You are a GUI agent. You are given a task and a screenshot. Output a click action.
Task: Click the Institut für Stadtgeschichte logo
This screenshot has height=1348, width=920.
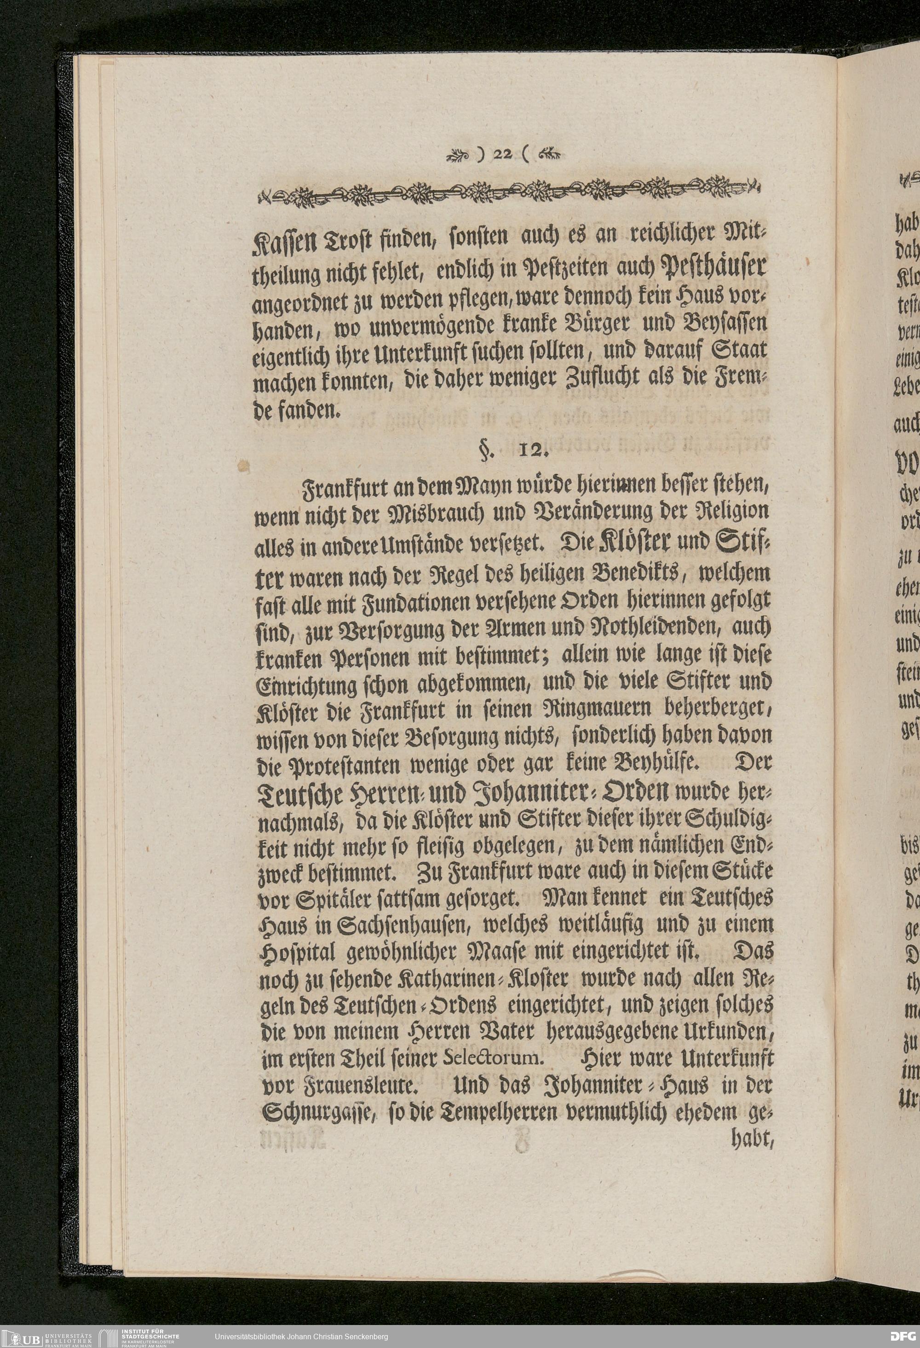(139, 1336)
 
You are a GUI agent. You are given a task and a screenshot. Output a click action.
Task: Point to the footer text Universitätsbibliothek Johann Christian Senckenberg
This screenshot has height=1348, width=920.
(301, 1336)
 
